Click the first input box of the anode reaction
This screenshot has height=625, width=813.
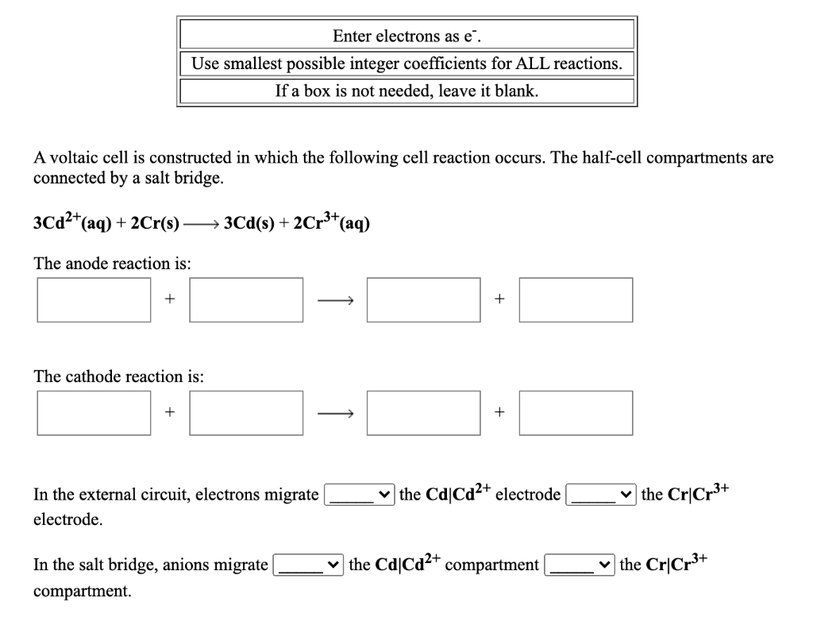pyautogui.click(x=94, y=299)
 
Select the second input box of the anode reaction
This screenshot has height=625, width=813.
pyautogui.click(x=246, y=299)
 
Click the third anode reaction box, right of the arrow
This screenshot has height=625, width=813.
pyautogui.click(x=423, y=299)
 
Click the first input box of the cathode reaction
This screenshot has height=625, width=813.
pyautogui.click(x=94, y=412)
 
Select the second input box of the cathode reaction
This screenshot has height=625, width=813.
pyautogui.click(x=246, y=412)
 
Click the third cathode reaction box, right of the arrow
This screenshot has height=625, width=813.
pyautogui.click(x=423, y=412)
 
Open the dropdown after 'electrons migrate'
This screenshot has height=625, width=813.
pyautogui.click(x=359, y=496)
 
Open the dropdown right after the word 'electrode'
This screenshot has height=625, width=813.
pyautogui.click(x=601, y=496)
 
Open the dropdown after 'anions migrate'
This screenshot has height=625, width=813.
pyautogui.click(x=308, y=565)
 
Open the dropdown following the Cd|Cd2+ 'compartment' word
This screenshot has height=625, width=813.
pyautogui.click(x=580, y=565)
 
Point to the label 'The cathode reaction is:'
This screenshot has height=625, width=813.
pyautogui.click(x=118, y=376)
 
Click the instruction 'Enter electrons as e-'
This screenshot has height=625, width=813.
pyautogui.click(x=406, y=36)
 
